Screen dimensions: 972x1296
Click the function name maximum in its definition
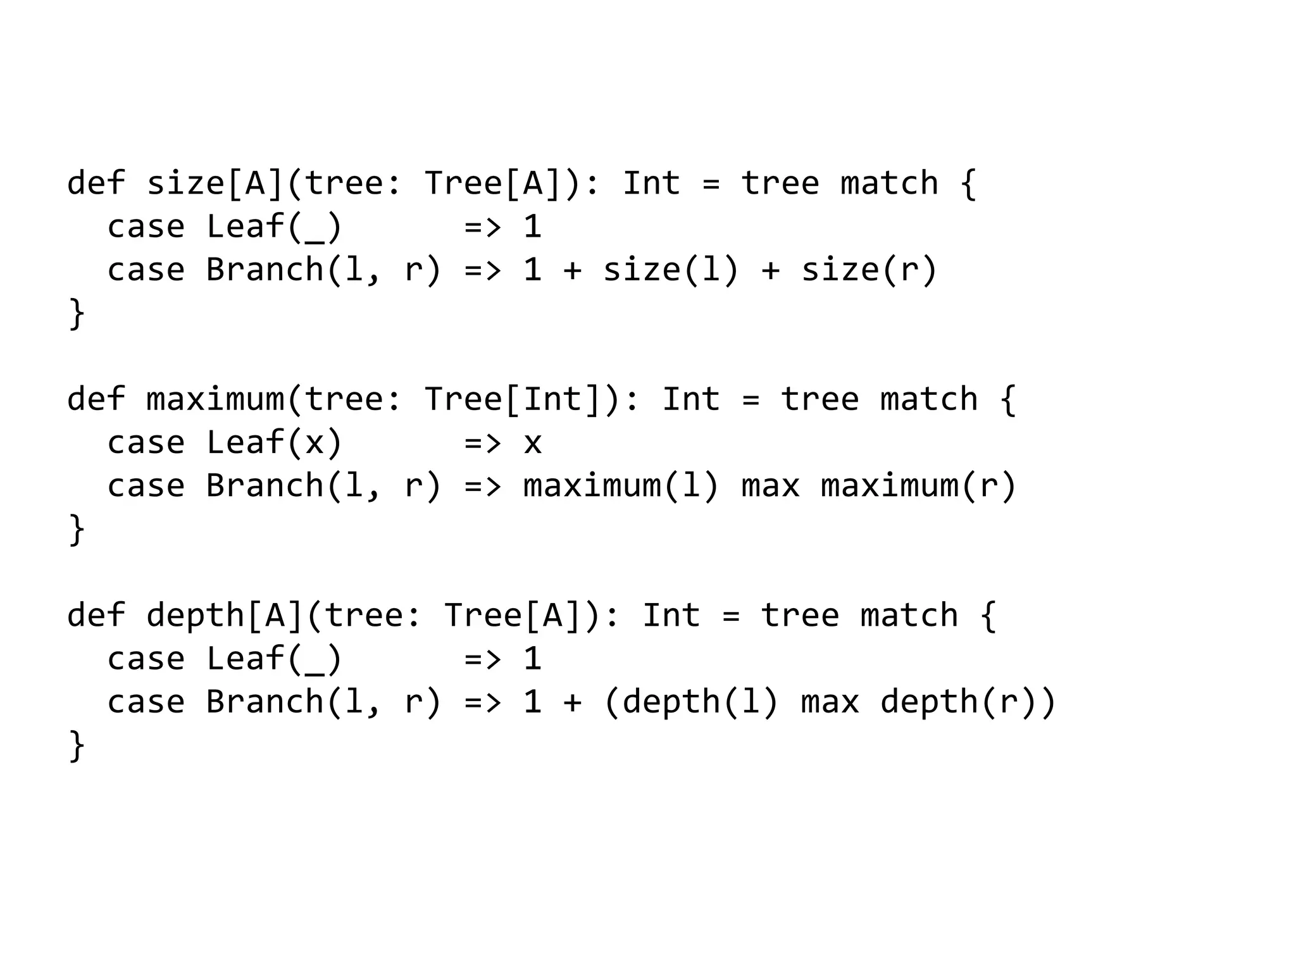pos(215,400)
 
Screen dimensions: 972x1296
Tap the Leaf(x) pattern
pos(274,442)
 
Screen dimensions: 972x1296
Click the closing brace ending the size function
pos(76,313)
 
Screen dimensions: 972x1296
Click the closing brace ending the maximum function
pos(76,530)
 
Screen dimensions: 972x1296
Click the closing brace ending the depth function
pos(76,745)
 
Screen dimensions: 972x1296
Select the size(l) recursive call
pos(671,270)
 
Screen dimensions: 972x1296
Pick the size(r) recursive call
pos(869,270)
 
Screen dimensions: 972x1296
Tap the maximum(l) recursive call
pos(621,486)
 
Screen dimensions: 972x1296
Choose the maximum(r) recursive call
pos(918,486)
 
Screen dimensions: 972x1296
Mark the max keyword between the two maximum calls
pos(770,486)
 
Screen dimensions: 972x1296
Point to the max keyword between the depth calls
pos(830,702)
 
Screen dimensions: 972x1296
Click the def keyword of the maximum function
pos(96,400)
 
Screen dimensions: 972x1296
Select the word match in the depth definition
pos(909,616)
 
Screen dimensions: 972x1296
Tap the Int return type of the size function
pos(651,184)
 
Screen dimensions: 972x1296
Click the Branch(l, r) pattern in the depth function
pos(323,702)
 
